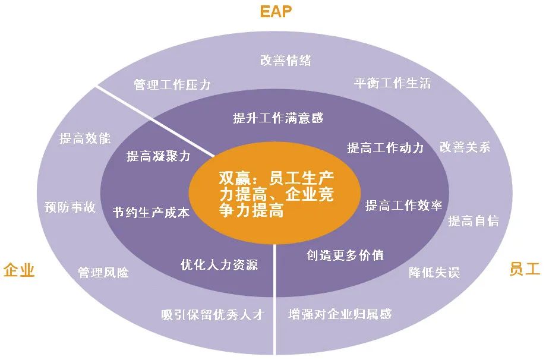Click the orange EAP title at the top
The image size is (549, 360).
pyautogui.click(x=276, y=11)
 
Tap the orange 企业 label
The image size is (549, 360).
pyautogui.click(x=19, y=270)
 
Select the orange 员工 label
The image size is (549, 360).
pyautogui.click(x=525, y=269)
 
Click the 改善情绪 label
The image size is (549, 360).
pyautogui.click(x=285, y=60)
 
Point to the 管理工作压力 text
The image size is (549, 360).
pyautogui.click(x=172, y=84)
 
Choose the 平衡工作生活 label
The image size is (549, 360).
pyautogui.click(x=392, y=83)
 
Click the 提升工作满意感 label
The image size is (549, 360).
pyautogui.click(x=278, y=118)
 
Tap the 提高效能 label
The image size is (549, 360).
pyautogui.click(x=85, y=138)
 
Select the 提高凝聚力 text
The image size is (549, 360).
pyautogui.click(x=158, y=156)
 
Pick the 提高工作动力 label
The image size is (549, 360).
pyautogui.click(x=385, y=148)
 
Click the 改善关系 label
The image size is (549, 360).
pyautogui.click(x=465, y=147)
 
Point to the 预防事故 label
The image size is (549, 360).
pyautogui.click(x=70, y=207)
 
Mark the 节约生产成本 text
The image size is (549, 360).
pyautogui.click(x=151, y=212)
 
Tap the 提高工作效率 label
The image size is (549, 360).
pyautogui.click(x=403, y=205)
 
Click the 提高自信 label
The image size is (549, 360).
pyautogui.click(x=474, y=220)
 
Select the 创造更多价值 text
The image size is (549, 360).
pyautogui.click(x=345, y=255)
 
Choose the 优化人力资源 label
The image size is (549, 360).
pyautogui.click(x=219, y=264)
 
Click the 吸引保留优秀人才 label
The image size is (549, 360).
pyautogui.click(x=213, y=314)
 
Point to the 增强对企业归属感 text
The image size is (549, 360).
pyautogui.click(x=340, y=314)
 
